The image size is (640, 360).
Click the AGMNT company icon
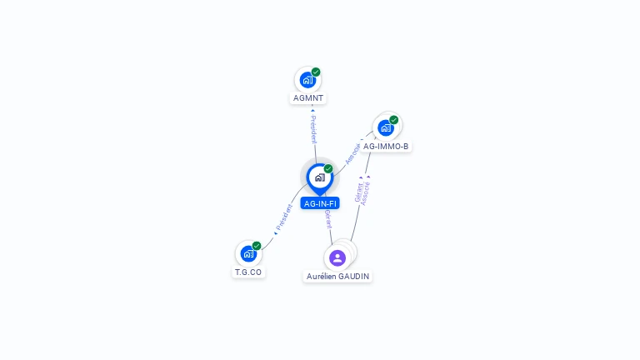pos(307,81)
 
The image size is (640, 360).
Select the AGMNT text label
pos(308,98)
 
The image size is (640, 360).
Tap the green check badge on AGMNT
pos(316,72)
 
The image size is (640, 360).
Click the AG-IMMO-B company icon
pos(386,128)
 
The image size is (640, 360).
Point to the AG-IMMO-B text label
pos(386,147)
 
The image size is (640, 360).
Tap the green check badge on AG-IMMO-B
pos(394,120)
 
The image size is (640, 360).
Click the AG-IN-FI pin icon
pos(319,177)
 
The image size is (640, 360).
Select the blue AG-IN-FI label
pos(320,203)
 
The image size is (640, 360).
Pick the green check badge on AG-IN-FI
pos(328,169)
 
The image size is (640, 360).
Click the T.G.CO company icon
pos(247,253)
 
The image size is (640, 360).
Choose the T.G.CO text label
pos(248,272)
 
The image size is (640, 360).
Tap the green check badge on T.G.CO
pos(257,246)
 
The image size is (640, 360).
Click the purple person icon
pos(337,257)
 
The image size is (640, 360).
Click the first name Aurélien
pos(322,277)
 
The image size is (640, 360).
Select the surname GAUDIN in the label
pos(354,277)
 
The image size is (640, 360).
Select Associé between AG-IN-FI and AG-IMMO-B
pos(353,152)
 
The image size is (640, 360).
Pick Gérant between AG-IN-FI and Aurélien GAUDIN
pos(328,221)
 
